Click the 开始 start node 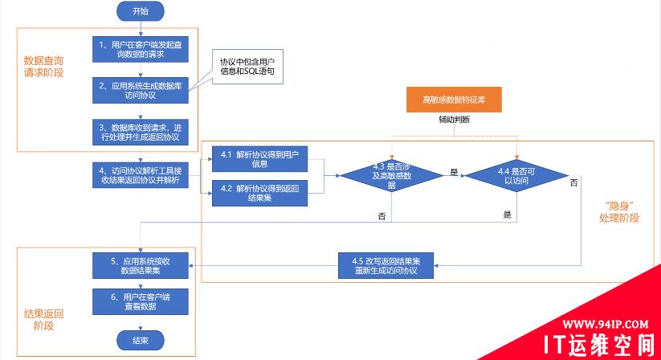click(140, 11)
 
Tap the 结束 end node click(140, 341)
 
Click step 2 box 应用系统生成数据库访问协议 click(140, 90)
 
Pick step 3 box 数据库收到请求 click(140, 131)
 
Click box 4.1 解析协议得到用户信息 click(259, 159)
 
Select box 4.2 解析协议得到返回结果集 click(259, 194)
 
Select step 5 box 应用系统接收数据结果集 click(140, 265)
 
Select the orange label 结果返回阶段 click(44, 319)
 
